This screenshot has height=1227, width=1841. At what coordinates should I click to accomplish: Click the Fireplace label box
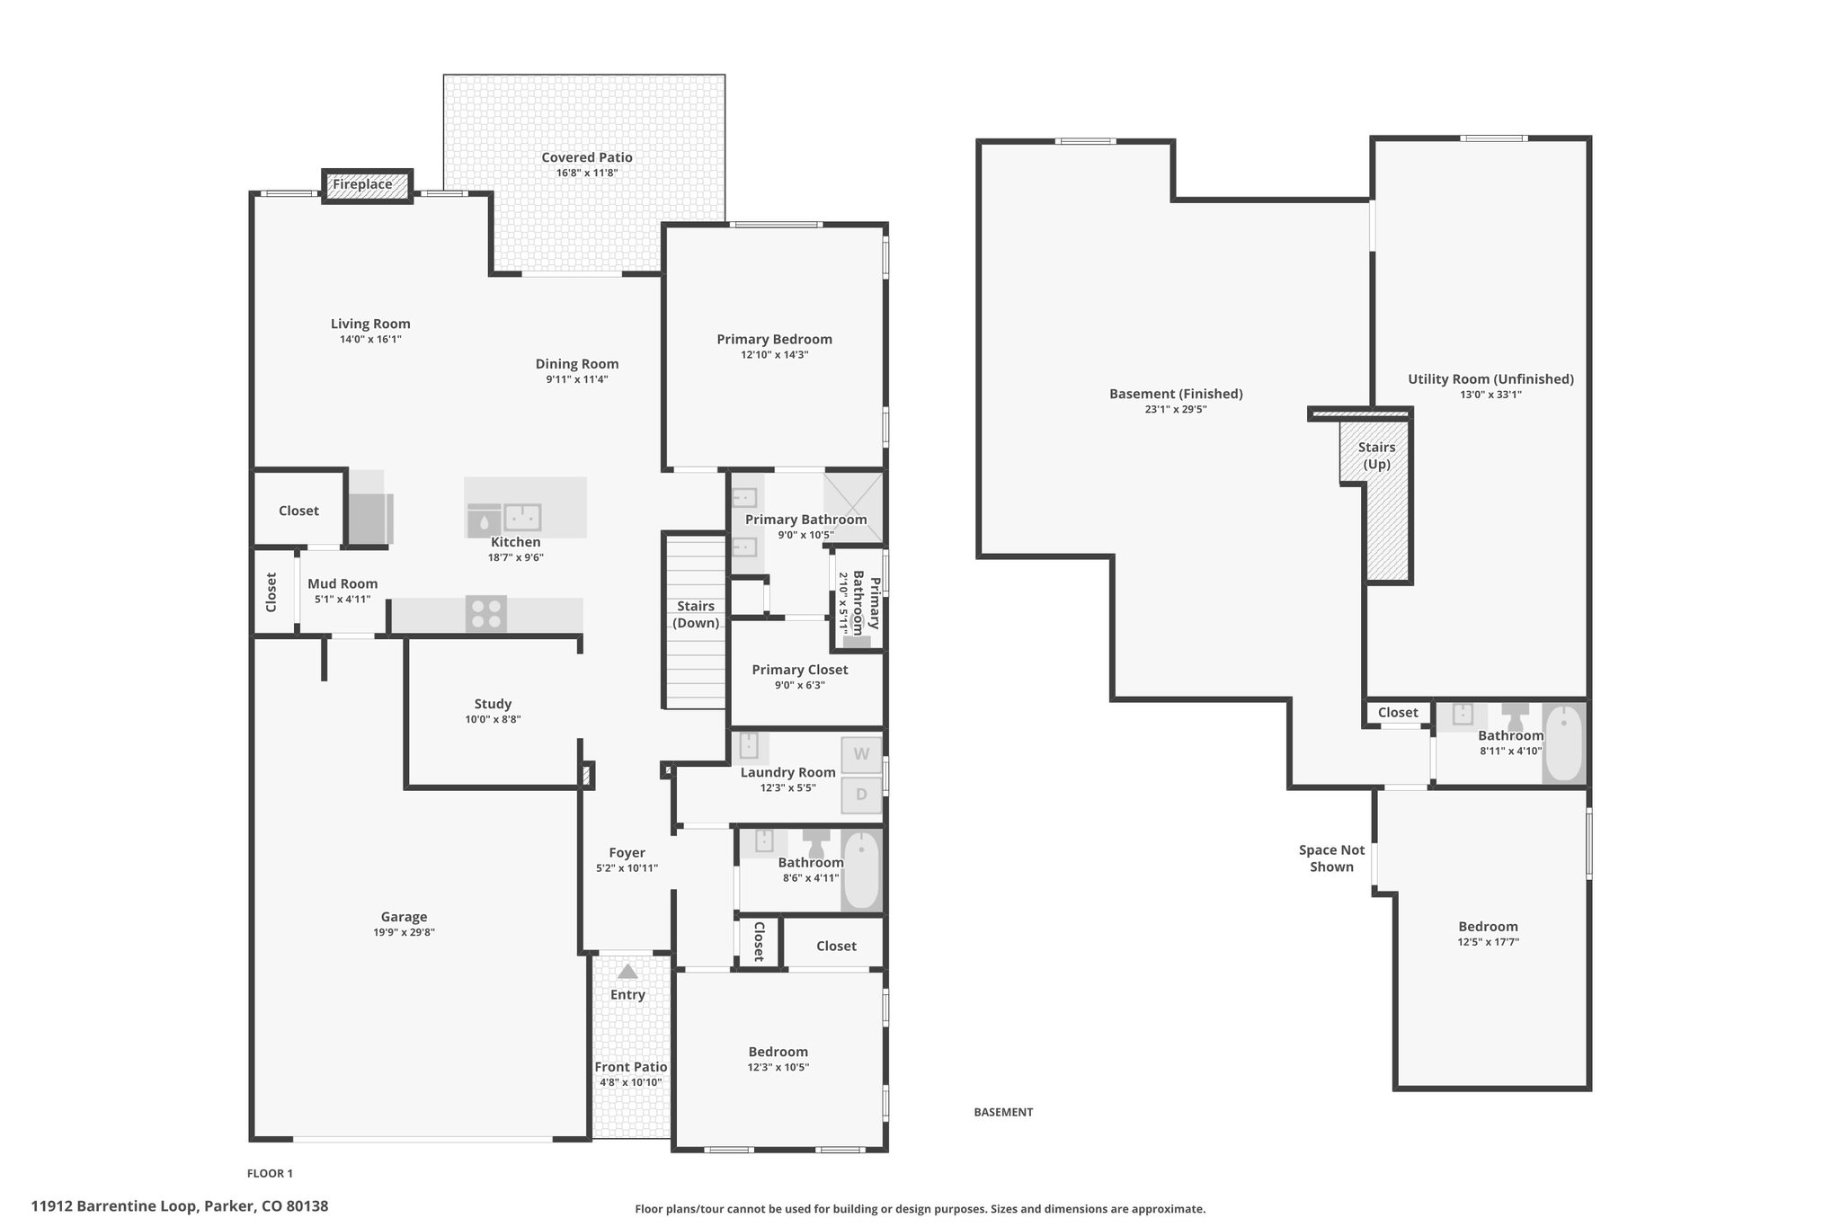[367, 185]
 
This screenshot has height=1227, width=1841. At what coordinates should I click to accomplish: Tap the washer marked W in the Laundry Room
[861, 754]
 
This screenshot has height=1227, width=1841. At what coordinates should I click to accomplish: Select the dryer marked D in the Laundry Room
[861, 795]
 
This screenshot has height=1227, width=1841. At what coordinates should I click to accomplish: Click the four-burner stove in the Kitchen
[486, 614]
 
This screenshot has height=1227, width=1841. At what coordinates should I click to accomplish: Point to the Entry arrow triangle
[627, 972]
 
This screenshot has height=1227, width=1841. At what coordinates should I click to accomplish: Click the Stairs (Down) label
[697, 615]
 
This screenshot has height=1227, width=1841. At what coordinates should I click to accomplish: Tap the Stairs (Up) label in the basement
[1376, 456]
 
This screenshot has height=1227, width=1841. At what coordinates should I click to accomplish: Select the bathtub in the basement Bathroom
[1564, 743]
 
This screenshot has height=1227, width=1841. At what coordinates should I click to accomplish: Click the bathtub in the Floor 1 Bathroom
[861, 870]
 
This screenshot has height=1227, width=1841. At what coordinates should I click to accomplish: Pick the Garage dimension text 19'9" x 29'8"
[404, 933]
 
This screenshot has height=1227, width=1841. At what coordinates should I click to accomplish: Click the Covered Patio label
[587, 157]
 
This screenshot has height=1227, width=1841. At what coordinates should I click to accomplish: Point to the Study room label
[493, 704]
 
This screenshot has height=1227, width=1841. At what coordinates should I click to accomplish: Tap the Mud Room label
[342, 583]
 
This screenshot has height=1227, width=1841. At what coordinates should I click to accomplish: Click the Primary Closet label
[800, 670]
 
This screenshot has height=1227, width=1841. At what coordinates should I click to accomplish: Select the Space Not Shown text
[1331, 858]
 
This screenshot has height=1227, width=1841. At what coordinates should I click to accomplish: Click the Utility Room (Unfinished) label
[1490, 379]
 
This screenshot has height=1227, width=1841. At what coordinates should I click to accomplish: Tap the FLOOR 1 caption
[270, 1173]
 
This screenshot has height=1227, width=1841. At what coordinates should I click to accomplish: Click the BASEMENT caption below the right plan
[1003, 1112]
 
